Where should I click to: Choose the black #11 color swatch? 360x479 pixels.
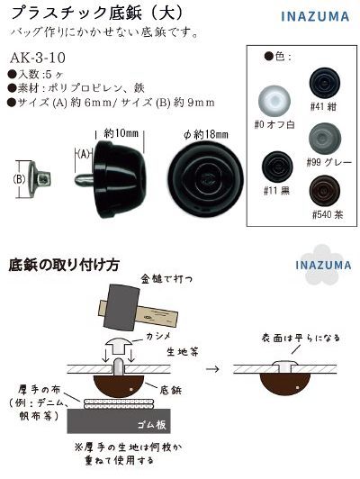coord(274,167)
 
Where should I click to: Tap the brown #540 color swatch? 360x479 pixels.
coord(325,192)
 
